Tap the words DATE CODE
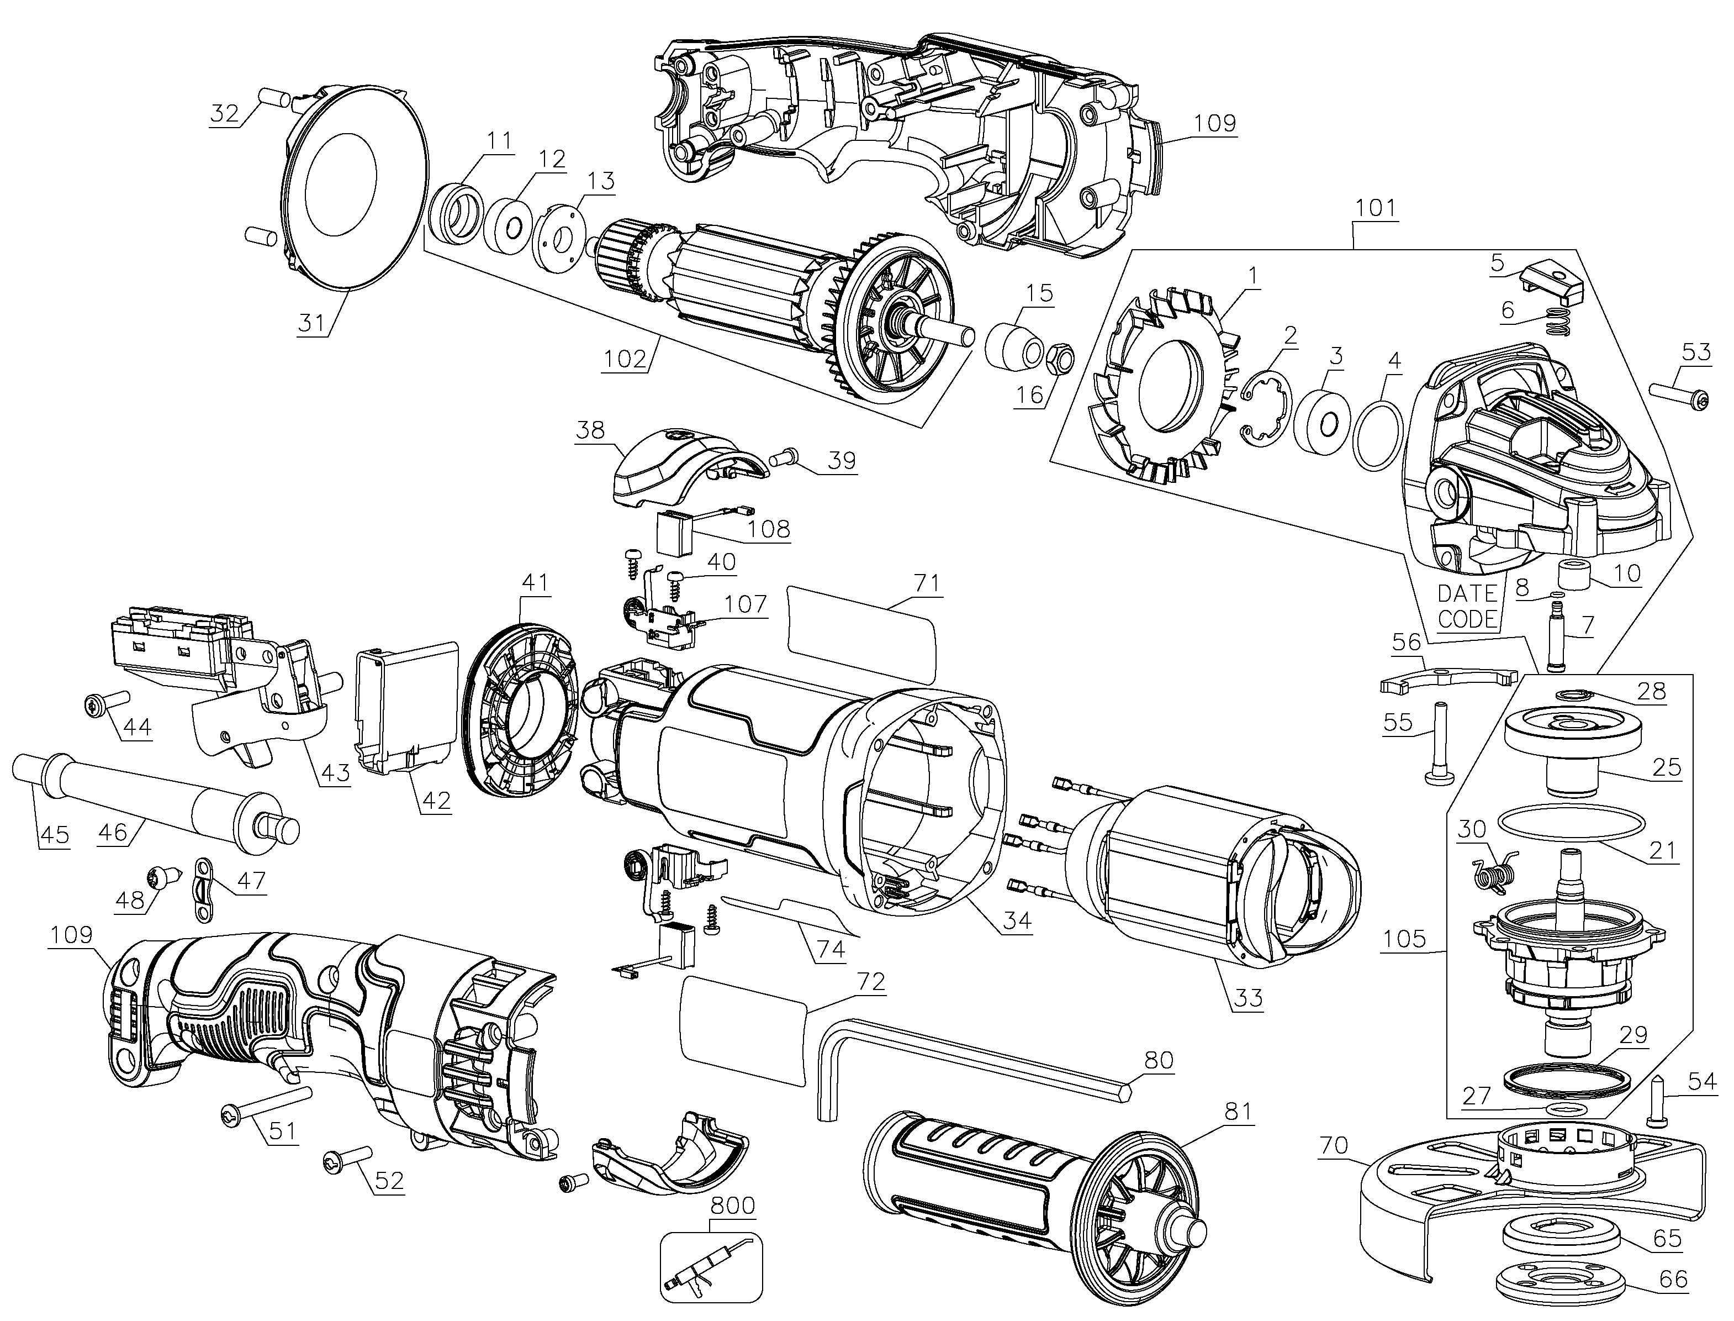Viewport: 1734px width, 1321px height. point(1467,606)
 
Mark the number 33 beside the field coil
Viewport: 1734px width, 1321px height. point(1247,998)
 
